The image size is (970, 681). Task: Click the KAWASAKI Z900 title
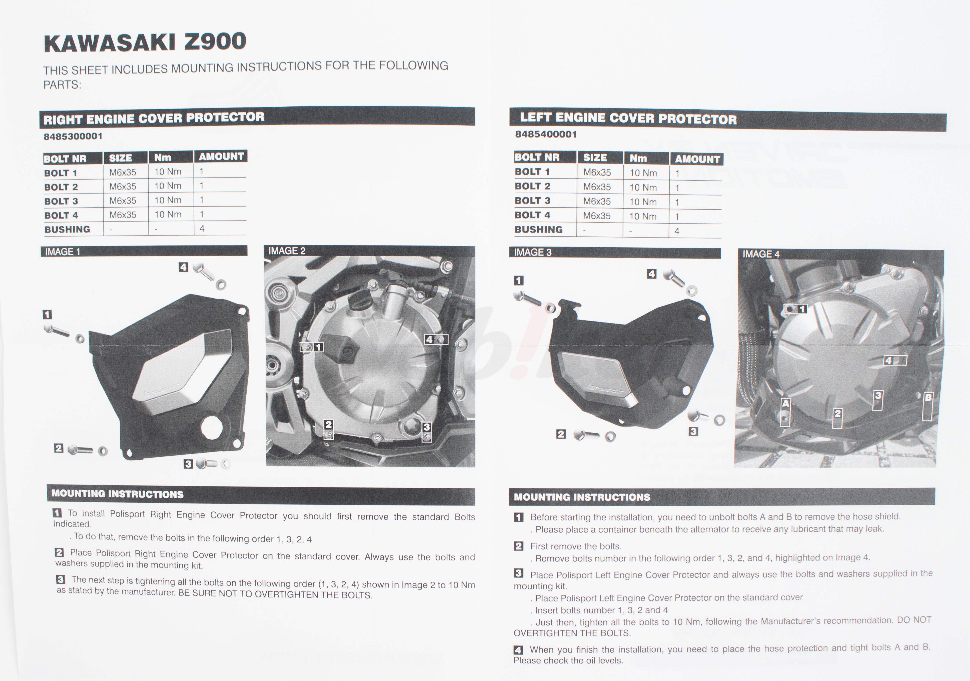coord(145,42)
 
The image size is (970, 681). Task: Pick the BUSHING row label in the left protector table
coord(539,229)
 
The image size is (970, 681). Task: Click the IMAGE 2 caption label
coord(287,251)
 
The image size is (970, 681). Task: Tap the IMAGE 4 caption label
coord(761,254)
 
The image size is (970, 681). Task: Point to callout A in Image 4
coord(785,404)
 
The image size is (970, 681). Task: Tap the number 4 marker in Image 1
coord(183,267)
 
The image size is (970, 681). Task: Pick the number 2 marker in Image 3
coord(561,434)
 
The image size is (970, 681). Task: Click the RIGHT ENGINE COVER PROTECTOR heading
coord(154,118)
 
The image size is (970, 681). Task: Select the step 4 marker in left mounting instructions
coord(518,650)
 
